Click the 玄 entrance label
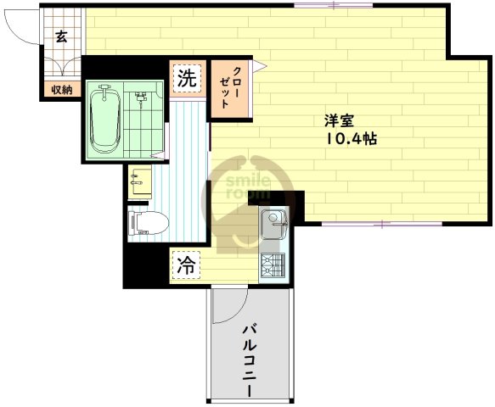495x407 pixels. [x=61, y=36]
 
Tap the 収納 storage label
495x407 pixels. [x=61, y=89]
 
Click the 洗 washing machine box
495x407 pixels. [x=187, y=79]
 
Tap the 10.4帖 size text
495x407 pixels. [x=349, y=140]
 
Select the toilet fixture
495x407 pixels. [x=146, y=223]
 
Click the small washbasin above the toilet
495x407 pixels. [x=138, y=181]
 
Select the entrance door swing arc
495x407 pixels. [x=24, y=25]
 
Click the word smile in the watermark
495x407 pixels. [x=247, y=179]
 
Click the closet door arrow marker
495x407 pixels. [x=264, y=64]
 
